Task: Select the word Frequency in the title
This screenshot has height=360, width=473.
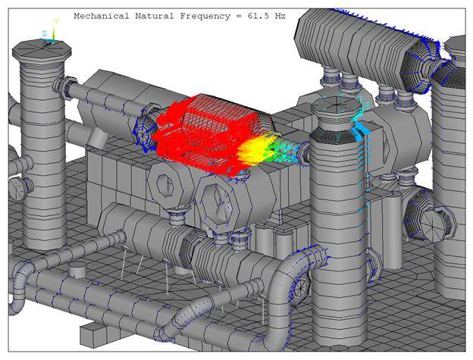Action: (202, 15)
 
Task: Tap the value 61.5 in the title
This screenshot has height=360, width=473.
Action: (262, 15)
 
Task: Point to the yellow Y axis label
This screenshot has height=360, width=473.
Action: (55, 23)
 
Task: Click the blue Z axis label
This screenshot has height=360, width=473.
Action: (44, 34)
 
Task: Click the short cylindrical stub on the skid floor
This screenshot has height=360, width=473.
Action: (77, 270)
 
